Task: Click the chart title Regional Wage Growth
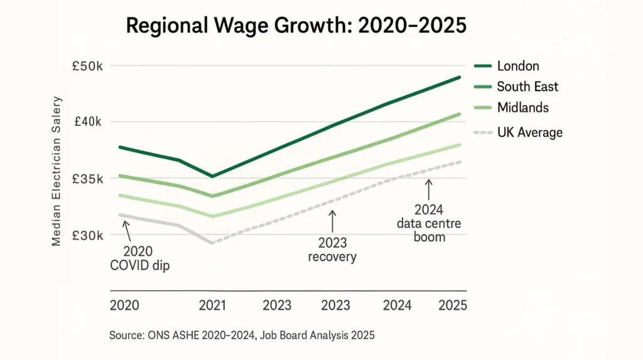(x=296, y=26)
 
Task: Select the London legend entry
(x=517, y=66)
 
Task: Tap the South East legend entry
(x=527, y=87)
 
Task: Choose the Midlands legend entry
(x=522, y=107)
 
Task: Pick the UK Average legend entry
(x=529, y=133)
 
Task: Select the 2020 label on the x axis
(x=124, y=305)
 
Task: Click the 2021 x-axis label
(x=212, y=305)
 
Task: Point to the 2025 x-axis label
(x=453, y=305)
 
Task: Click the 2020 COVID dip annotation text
(x=140, y=259)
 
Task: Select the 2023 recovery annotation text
(x=332, y=250)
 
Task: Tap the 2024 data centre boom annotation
(x=430, y=224)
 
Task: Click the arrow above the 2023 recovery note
(x=333, y=222)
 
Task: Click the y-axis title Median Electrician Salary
(x=57, y=171)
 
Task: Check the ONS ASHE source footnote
(x=242, y=335)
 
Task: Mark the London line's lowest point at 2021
(x=213, y=177)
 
